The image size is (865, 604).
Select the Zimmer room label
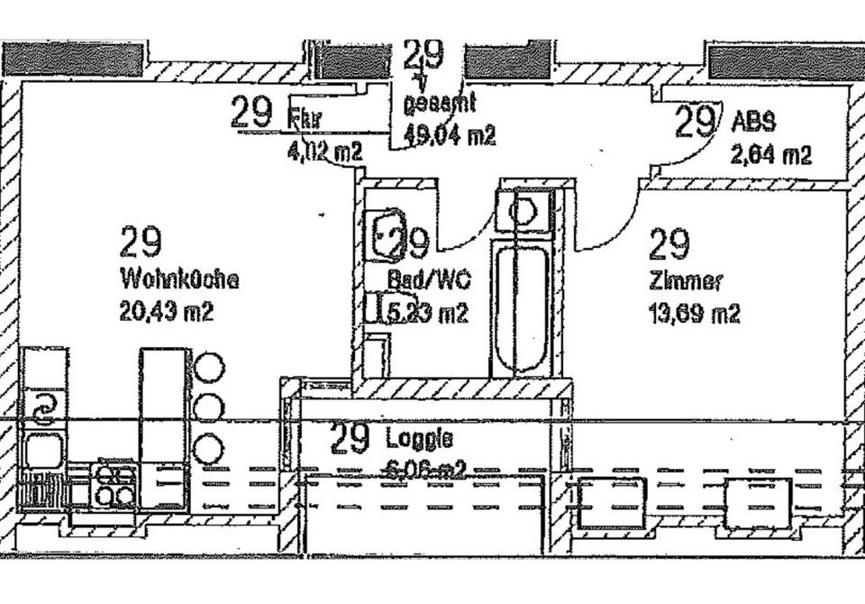pos(685,281)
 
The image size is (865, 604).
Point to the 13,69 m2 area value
pos(694,314)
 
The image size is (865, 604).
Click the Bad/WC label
pos(429,281)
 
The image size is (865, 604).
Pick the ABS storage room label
pos(754,121)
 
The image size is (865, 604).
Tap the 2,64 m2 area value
pos(770,154)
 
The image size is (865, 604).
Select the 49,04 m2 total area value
pos(450,136)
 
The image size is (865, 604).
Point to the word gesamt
pos(439,105)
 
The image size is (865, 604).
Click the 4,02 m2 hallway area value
pos(324,151)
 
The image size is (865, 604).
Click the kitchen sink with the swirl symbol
pos(42,407)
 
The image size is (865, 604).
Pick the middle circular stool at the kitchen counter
pos(209,407)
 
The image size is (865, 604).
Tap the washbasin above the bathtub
pos(523,213)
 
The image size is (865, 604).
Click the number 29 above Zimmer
pos(669,243)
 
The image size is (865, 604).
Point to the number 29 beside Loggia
pos(350,438)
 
